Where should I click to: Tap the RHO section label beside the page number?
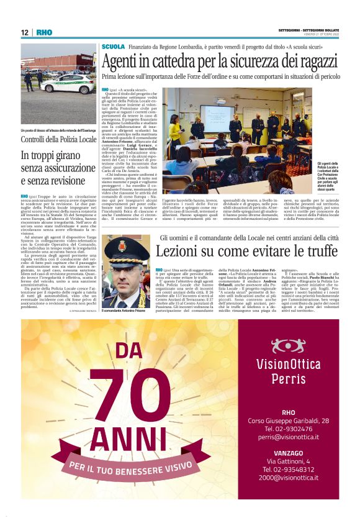[44, 32]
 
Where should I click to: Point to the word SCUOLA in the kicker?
[114, 47]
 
